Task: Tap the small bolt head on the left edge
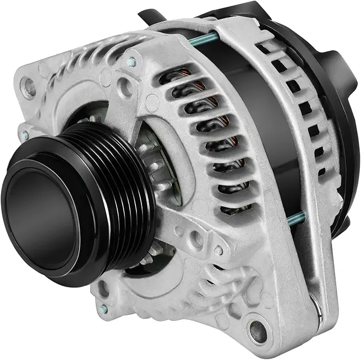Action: (x=24, y=134)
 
